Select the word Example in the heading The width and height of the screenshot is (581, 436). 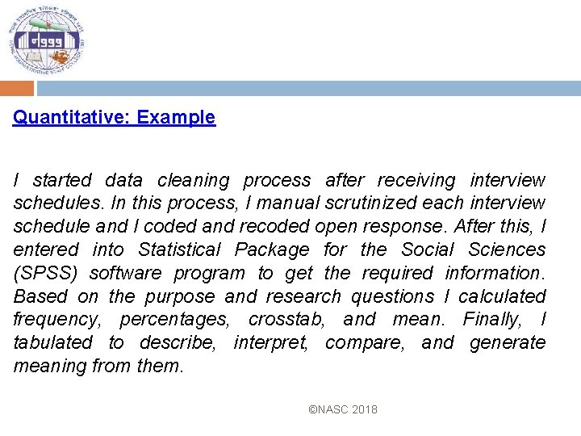[176, 118]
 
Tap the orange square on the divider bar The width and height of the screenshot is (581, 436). [16, 88]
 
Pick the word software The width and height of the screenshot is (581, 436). [127, 274]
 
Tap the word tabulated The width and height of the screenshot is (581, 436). [53, 343]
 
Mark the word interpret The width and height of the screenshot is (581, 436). [270, 343]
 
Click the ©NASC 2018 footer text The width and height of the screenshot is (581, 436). [343, 410]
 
